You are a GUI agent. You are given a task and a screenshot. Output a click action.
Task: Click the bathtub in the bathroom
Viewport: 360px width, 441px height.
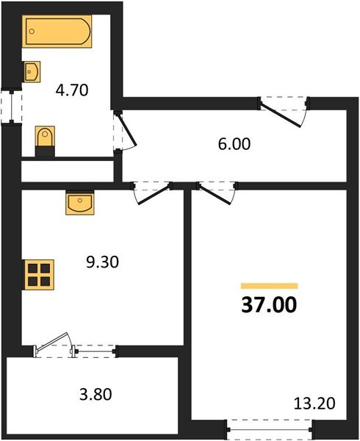coord(57,33)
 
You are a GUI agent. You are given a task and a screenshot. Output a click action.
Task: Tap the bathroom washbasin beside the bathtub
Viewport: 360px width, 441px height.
coord(32,71)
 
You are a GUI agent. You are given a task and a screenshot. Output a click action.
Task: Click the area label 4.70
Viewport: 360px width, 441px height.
coord(72,92)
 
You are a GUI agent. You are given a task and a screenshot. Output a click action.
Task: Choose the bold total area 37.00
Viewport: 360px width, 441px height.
coord(270,304)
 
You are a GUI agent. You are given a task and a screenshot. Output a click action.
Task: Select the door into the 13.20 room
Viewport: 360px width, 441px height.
coord(217,191)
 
